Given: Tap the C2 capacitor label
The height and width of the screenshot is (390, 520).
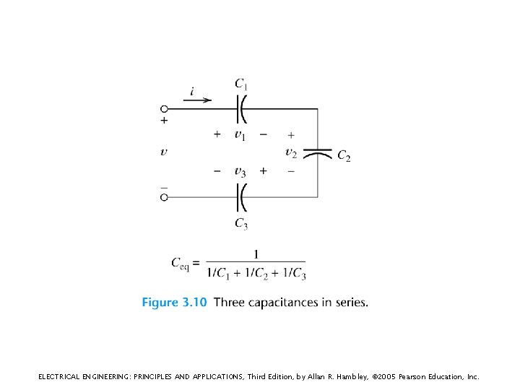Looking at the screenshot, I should coord(344,156).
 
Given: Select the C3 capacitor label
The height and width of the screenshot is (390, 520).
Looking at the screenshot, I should coord(241,223).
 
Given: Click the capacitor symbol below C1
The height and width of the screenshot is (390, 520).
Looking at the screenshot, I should coord(242,109).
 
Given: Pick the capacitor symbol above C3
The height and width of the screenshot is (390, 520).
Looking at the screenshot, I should coord(242,196).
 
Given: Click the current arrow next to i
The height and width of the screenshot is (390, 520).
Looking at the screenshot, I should coord(197,100).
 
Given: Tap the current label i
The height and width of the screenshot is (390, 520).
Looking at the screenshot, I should coord(192,90).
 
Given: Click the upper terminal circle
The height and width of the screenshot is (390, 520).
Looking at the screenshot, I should coord(164,109).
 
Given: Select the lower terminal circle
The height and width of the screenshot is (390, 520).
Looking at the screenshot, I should coord(164,196).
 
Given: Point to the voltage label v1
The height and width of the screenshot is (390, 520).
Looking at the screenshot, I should coord(240,134).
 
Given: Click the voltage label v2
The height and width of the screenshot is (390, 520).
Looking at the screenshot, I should coord(291,152).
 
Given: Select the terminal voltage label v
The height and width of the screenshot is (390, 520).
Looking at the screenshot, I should coord(164,152).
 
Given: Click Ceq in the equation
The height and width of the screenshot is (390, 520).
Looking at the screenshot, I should coord(181,263).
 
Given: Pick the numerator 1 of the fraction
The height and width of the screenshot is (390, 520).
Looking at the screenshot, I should coord(256,253).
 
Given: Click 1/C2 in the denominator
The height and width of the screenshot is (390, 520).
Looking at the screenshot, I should coord(256,273).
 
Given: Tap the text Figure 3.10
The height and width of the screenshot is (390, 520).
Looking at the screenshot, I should coord(174,302).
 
